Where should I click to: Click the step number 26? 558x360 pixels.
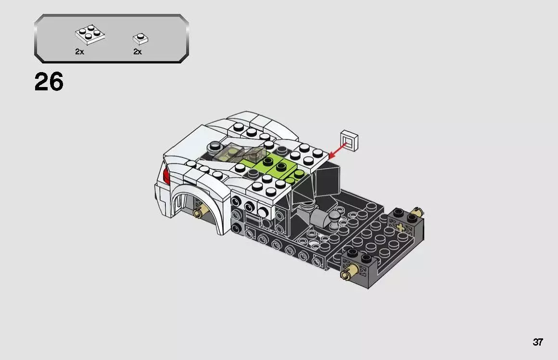49,82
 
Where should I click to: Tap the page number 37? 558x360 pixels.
537,342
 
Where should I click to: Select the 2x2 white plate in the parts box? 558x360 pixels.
90,35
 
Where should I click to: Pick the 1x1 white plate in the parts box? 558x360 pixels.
140,38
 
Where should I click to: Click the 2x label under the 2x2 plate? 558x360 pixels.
79,52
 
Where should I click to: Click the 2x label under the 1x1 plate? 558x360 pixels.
138,52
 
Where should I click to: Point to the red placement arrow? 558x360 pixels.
339,148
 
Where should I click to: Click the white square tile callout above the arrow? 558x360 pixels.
350,139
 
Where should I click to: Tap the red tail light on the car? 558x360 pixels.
166,176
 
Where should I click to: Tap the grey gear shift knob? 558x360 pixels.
334,219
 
